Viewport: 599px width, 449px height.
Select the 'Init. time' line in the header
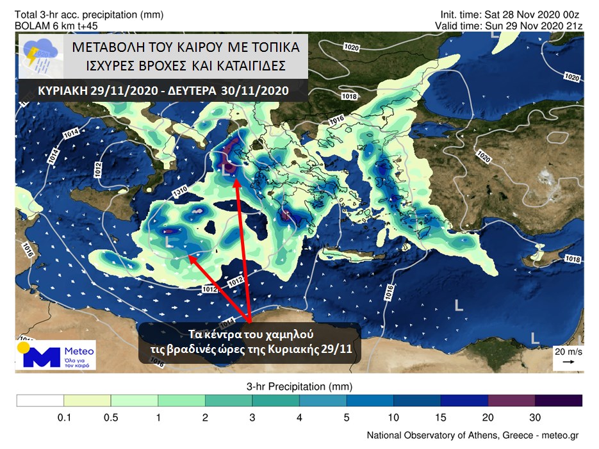click(x=511, y=13)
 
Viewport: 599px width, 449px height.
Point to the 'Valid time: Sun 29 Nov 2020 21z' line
click(x=509, y=24)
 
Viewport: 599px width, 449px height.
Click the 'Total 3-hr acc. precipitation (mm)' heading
click(x=86, y=13)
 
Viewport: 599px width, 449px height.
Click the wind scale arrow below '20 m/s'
click(x=568, y=362)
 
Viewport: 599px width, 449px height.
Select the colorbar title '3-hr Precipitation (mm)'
click(x=299, y=387)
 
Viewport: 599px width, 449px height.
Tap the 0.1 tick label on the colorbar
click(x=63, y=417)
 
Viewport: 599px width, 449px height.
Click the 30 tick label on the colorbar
click(x=535, y=417)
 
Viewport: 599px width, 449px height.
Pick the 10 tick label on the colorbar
click(x=393, y=417)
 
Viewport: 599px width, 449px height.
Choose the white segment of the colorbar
click(x=40, y=400)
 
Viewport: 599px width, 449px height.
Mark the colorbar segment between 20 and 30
click(x=511, y=400)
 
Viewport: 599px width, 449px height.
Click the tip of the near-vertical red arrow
click(x=234, y=182)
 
